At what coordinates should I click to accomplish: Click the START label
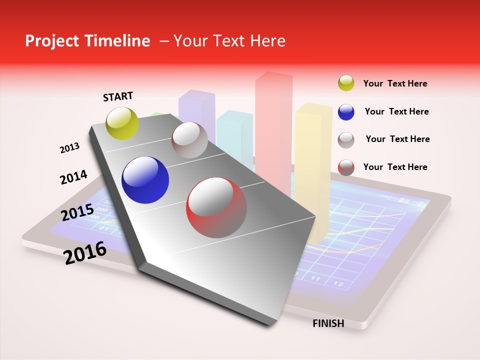(x=118, y=96)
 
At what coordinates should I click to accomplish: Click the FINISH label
(x=328, y=323)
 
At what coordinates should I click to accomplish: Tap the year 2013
(x=69, y=148)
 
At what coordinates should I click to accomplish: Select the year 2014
(x=73, y=177)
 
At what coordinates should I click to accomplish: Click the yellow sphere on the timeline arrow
(x=122, y=123)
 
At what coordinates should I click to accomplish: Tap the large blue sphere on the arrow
(x=145, y=180)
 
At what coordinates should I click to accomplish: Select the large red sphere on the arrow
(x=216, y=207)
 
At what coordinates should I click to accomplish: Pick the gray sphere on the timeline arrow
(x=189, y=140)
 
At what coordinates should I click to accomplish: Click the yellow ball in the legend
(x=346, y=83)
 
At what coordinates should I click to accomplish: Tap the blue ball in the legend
(x=346, y=112)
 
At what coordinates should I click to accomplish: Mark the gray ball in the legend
(x=346, y=140)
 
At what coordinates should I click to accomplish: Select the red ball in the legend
(x=346, y=167)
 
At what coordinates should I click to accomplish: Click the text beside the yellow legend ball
(x=395, y=83)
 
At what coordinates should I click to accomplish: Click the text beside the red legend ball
(x=395, y=167)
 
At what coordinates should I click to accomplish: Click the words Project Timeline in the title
(x=87, y=41)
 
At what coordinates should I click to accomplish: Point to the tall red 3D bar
(x=273, y=125)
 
